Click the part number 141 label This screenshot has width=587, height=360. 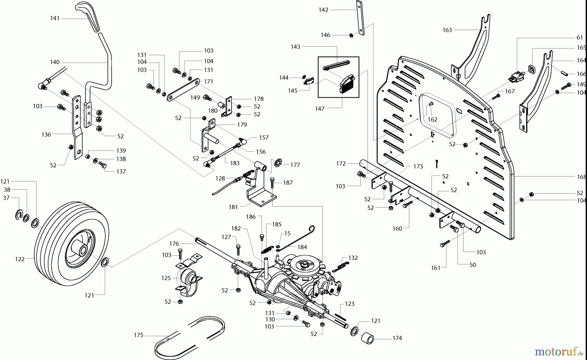pyautogui.click(x=55, y=18)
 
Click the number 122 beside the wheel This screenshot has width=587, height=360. pyautogui.click(x=20, y=259)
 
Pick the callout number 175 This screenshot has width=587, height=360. pyautogui.click(x=139, y=335)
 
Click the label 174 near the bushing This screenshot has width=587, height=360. pyautogui.click(x=397, y=338)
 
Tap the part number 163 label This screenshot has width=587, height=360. pyautogui.click(x=447, y=30)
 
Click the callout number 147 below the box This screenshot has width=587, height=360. pyautogui.click(x=320, y=109)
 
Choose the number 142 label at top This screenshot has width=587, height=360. pyautogui.click(x=323, y=10)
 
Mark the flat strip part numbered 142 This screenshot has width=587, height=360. pyautogui.click(x=360, y=18)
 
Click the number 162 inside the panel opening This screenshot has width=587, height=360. pyautogui.click(x=432, y=119)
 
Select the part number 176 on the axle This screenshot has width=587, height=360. pyautogui.click(x=174, y=243)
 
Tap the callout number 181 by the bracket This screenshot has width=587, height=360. pyautogui.click(x=233, y=207)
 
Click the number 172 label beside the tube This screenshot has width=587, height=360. pyautogui.click(x=341, y=163)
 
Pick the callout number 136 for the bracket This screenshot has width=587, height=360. pyautogui.click(x=46, y=134)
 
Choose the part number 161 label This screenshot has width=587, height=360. pyautogui.click(x=436, y=268)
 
